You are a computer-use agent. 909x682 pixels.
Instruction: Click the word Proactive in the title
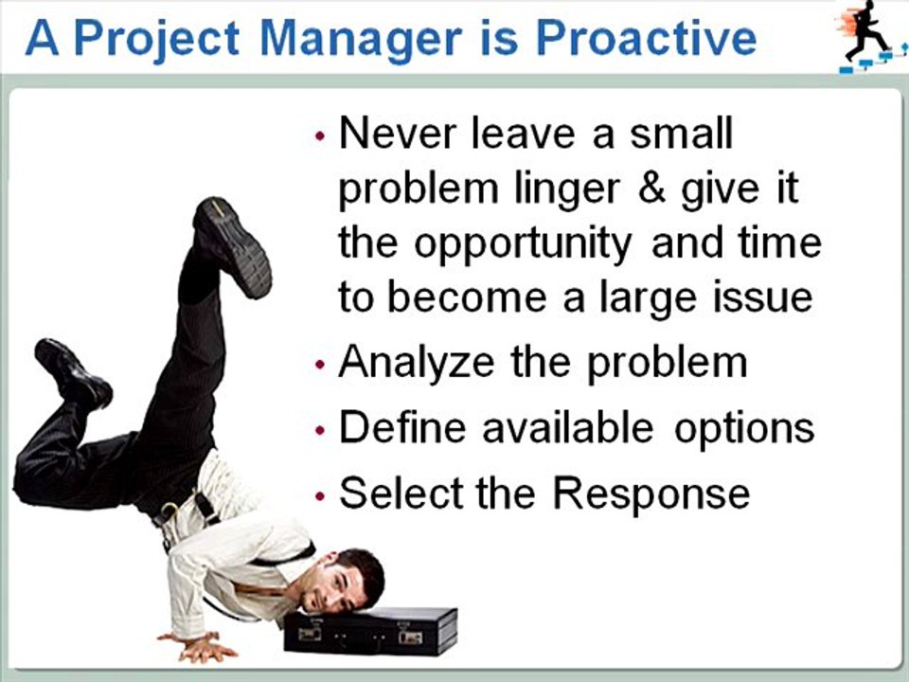click(646, 39)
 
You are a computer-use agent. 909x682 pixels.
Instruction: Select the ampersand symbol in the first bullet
click(651, 188)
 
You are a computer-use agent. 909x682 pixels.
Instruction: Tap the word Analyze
click(417, 363)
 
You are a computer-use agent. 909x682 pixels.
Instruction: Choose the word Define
click(402, 427)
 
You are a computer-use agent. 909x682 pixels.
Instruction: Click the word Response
click(651, 494)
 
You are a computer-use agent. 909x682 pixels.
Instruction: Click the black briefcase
click(370, 631)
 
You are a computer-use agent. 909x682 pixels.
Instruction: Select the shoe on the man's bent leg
click(73, 373)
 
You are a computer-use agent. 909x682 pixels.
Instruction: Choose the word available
click(568, 427)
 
